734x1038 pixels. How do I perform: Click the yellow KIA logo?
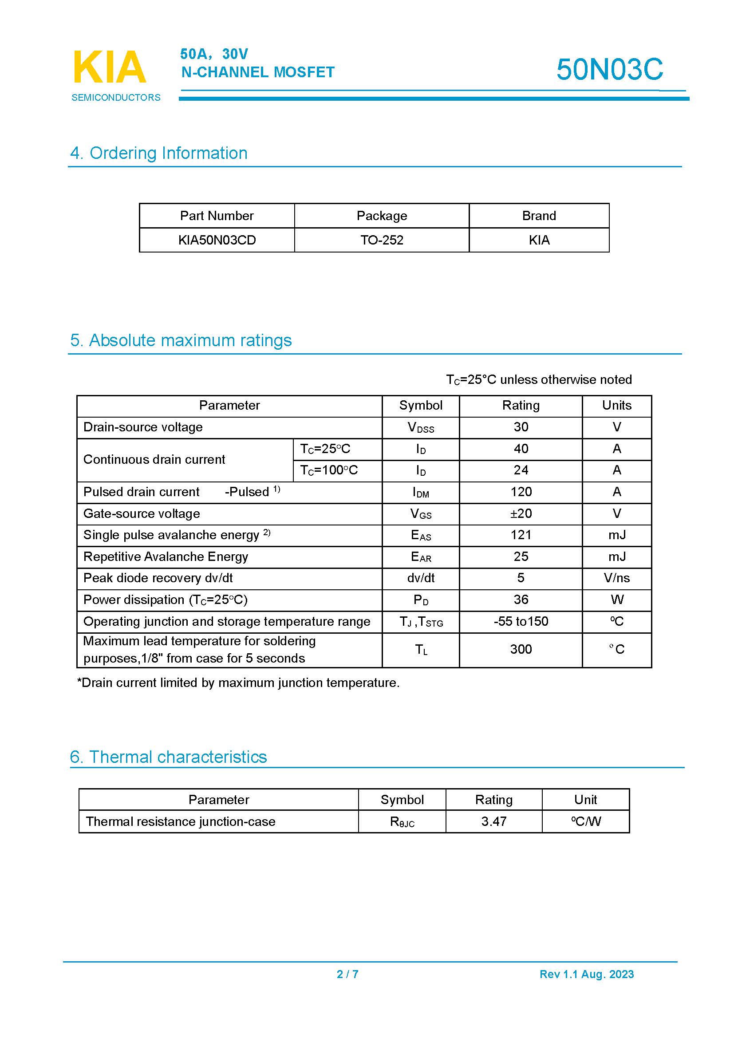109,67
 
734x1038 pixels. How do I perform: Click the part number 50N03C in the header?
609,70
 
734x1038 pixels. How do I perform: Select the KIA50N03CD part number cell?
217,240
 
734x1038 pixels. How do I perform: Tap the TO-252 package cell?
382,240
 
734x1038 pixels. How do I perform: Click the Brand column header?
539,216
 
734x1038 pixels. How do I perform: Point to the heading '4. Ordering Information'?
158,153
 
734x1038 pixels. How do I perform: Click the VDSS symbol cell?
420,428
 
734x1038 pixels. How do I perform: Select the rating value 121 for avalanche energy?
521,535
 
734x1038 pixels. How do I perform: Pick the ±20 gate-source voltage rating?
521,513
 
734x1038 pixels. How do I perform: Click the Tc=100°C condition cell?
329,470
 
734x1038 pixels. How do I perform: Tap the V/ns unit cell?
616,578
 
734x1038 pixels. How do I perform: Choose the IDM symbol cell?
420,492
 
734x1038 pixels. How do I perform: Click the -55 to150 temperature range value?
521,622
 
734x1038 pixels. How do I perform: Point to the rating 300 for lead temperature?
521,650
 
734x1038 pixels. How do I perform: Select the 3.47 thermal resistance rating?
493,821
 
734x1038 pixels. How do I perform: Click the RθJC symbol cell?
402,822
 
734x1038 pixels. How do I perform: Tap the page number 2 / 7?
347,974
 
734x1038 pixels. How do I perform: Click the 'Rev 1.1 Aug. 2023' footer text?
586,974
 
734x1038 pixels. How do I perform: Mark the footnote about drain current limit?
238,683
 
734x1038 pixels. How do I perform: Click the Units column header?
616,406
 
